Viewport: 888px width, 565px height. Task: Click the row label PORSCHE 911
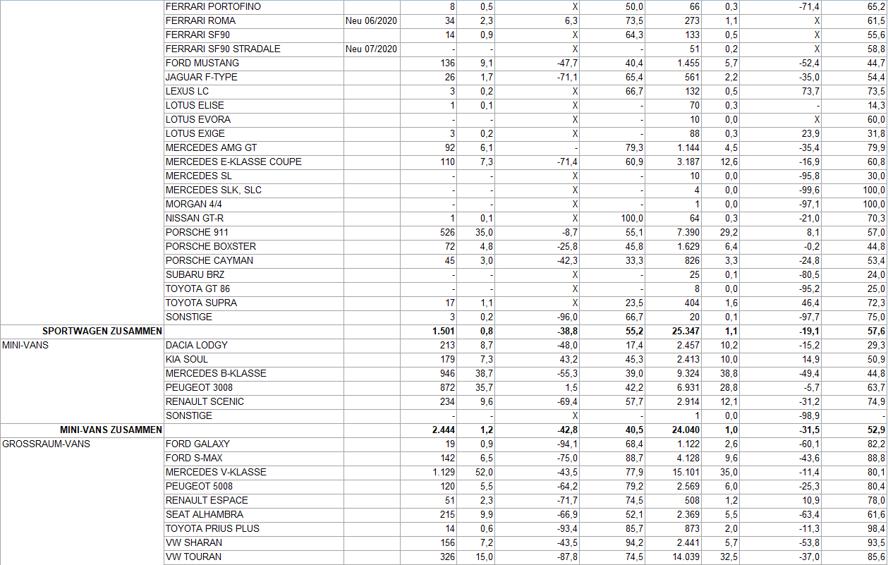(197, 232)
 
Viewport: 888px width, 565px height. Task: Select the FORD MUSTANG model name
(202, 63)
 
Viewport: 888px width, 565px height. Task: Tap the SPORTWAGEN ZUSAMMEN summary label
(102, 331)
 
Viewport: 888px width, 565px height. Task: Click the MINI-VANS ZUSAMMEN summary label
(111, 430)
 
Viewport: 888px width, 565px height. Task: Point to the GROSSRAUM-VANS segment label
(47, 444)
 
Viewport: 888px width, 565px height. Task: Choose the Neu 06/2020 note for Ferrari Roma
(372, 20)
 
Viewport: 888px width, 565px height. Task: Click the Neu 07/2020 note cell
(372, 49)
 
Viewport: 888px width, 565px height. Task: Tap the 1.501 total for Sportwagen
(444, 331)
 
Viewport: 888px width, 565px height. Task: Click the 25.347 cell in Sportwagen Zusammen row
(686, 331)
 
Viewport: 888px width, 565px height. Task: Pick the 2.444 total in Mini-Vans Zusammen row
(444, 430)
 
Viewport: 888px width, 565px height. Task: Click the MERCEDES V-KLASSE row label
(216, 472)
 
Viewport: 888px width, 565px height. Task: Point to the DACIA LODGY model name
(197, 345)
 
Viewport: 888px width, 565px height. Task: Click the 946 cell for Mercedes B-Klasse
(446, 373)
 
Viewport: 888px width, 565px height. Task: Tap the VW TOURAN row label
(193, 557)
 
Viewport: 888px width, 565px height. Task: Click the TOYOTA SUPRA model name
(201, 303)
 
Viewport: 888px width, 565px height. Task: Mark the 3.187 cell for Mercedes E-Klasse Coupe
(688, 162)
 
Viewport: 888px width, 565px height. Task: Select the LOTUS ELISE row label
(195, 105)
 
